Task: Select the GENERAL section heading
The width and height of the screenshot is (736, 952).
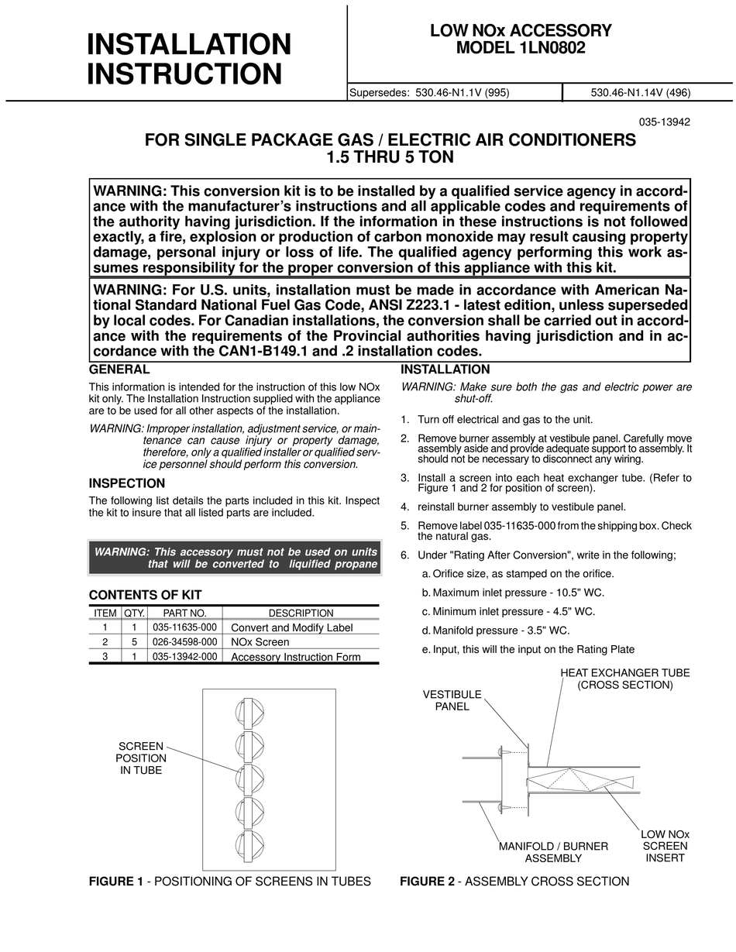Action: pyautogui.click(x=119, y=370)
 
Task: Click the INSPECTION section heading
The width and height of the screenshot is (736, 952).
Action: pyautogui.click(x=127, y=483)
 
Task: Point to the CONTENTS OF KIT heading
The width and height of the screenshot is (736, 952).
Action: pyautogui.click(x=146, y=595)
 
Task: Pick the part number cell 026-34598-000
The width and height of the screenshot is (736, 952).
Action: pyautogui.click(x=184, y=641)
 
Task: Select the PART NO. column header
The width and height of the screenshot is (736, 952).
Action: pyautogui.click(x=184, y=613)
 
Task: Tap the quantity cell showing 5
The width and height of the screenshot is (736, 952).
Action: pyautogui.click(x=133, y=641)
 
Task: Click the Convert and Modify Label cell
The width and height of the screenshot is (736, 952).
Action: pyautogui.click(x=292, y=627)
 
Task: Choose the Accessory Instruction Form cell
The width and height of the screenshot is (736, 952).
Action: pyautogui.click(x=296, y=657)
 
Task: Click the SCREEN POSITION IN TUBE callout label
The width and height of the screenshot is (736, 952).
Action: pyautogui.click(x=141, y=758)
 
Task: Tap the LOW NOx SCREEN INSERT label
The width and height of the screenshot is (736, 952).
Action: pyautogui.click(x=665, y=846)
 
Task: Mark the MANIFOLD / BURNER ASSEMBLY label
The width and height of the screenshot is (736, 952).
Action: pyautogui.click(x=553, y=852)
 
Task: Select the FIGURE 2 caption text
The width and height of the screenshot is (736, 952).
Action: pyautogui.click(x=514, y=882)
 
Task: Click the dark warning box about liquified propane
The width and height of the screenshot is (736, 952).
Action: pyautogui.click(x=235, y=558)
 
